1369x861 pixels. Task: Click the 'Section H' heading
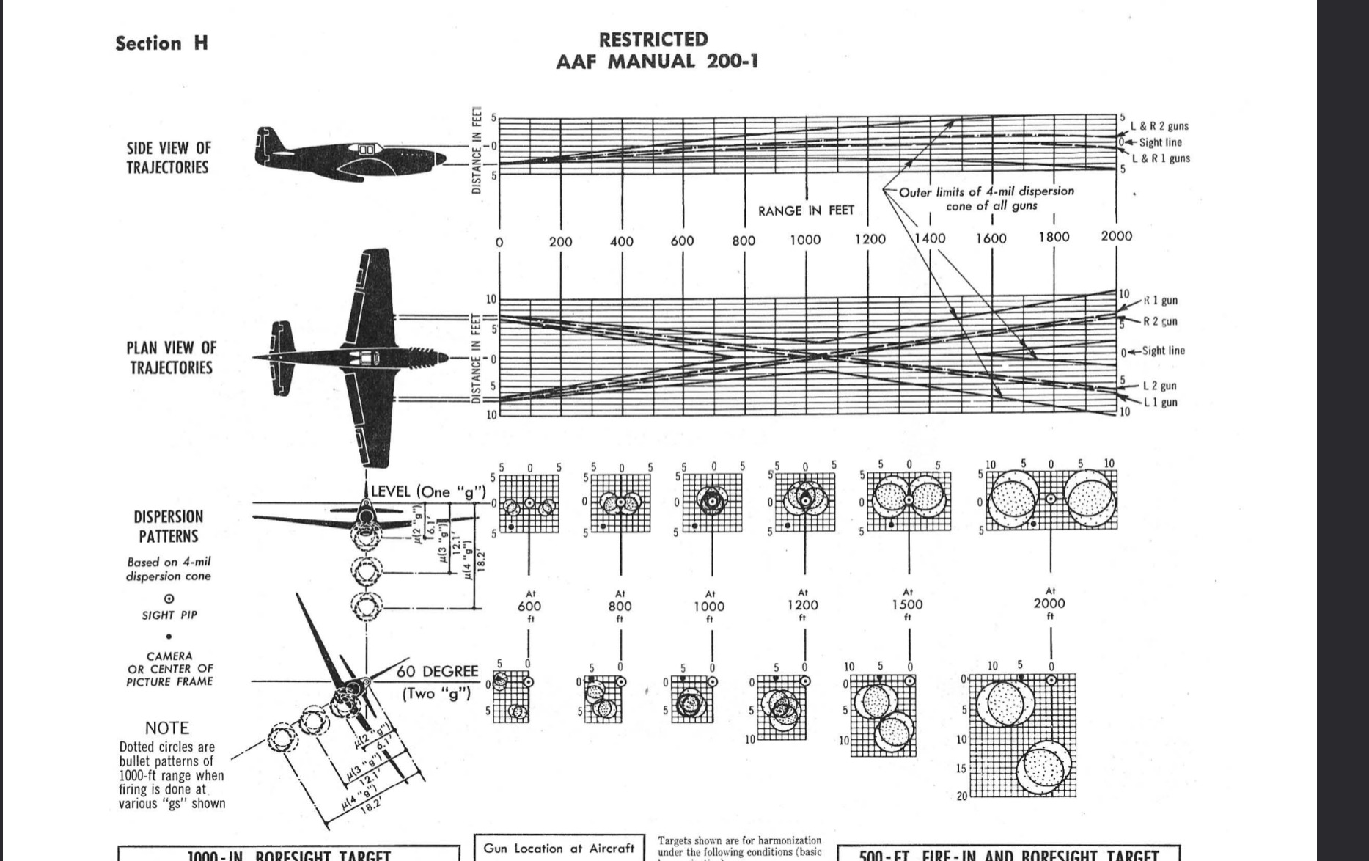tap(161, 43)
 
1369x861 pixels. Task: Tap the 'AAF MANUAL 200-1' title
tap(656, 62)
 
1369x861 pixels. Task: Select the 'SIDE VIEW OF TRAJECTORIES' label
tap(168, 158)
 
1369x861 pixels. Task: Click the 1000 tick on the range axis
tap(805, 240)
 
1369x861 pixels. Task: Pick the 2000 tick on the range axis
tap(1116, 236)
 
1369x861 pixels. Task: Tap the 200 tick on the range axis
tap(561, 241)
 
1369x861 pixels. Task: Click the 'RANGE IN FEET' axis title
tap(806, 211)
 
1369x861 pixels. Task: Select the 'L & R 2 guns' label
tap(1159, 126)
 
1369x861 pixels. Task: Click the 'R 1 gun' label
tap(1160, 301)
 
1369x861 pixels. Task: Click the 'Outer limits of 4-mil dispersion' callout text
tap(986, 191)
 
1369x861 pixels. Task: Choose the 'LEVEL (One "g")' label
tap(428, 491)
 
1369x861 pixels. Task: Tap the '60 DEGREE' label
tap(438, 672)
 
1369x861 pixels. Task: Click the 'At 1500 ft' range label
tap(908, 604)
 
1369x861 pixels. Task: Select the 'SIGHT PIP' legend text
tap(169, 615)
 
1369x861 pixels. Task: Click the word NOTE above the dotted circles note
tap(167, 728)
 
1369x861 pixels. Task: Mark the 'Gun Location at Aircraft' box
tap(559, 849)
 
